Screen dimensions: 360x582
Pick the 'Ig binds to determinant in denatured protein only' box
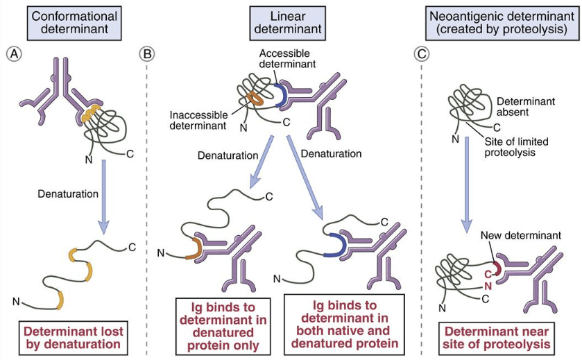point(221,325)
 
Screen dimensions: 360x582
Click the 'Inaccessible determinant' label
point(198,120)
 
